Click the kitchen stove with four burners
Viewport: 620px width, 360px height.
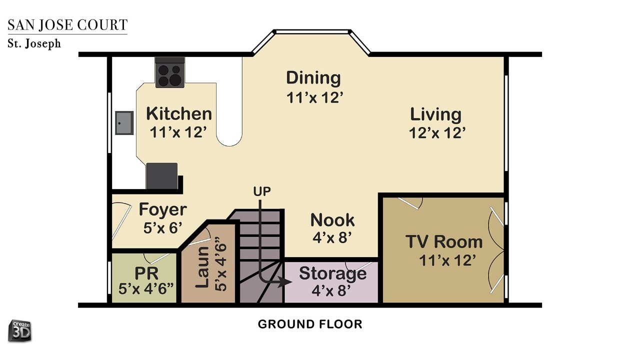pos(170,72)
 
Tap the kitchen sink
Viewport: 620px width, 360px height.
pos(124,123)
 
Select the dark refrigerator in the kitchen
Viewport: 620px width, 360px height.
pos(162,176)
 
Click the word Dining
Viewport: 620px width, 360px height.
pos(313,78)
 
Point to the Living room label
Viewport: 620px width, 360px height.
pos(435,115)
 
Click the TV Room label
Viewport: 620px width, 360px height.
pos(444,241)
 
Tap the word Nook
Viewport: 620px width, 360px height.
pos(332,220)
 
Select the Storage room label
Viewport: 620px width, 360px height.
pos(332,273)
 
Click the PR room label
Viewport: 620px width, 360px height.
pos(146,273)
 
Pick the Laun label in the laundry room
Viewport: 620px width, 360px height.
pos(202,267)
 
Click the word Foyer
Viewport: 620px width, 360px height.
pos(163,209)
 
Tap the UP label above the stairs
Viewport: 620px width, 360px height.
pos(262,191)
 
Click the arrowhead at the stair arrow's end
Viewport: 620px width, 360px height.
pos(285,281)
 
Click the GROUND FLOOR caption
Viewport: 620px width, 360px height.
pos(310,324)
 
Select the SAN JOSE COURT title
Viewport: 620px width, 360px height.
pos(67,25)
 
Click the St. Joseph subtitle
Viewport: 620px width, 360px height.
pos(34,43)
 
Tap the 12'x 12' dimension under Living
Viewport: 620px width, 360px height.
pos(437,133)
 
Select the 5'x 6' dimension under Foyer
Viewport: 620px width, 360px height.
pos(163,228)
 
